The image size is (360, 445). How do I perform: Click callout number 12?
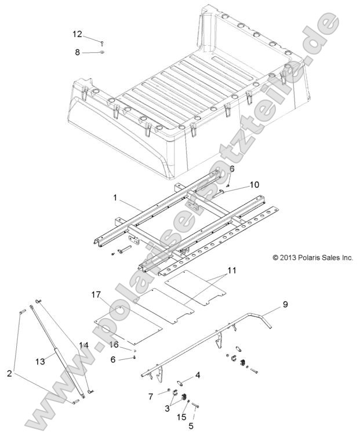click(78, 34)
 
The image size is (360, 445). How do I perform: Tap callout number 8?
click(78, 52)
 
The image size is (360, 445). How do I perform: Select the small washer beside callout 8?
click(101, 53)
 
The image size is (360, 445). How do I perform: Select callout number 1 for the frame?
click(116, 198)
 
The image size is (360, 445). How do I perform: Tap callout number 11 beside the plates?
click(232, 270)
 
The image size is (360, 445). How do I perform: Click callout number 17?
click(96, 295)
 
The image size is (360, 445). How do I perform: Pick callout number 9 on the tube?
click(285, 304)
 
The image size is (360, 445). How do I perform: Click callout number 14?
click(83, 345)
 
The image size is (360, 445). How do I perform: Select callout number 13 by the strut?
click(40, 362)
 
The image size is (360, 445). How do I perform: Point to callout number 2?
click(9, 374)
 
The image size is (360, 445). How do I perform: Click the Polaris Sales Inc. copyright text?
click(304, 257)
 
